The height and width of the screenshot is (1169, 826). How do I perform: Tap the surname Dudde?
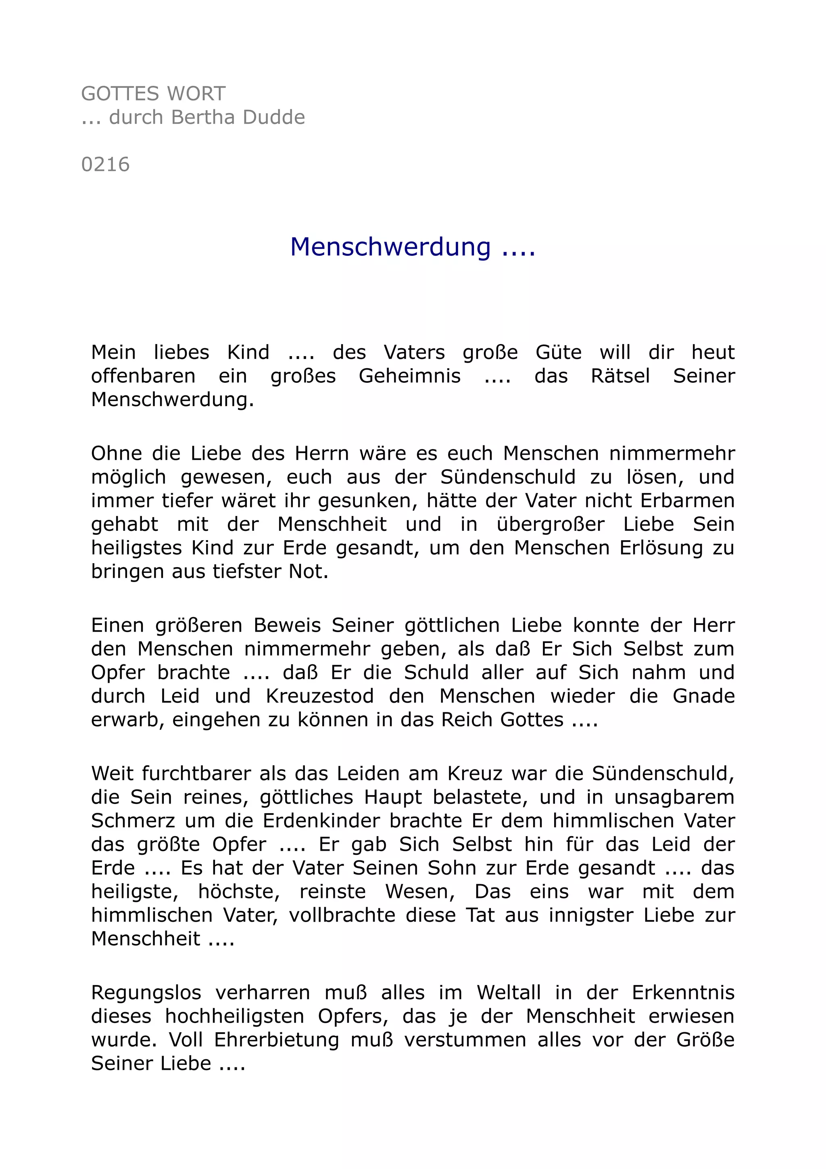point(274,118)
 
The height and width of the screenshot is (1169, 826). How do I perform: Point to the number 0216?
point(105,165)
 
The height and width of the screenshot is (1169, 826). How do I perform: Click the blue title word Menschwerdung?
point(390,247)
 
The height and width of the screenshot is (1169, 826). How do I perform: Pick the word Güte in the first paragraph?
point(558,352)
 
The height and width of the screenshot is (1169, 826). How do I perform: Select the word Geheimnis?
point(410,376)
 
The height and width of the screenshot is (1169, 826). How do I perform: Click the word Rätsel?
point(620,376)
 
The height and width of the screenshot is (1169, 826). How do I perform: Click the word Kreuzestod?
point(319,696)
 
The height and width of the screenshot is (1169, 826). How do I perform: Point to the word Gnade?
point(703,696)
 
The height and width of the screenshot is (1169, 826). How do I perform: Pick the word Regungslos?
point(146,993)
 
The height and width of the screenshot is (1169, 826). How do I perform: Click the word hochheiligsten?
point(235,1016)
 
